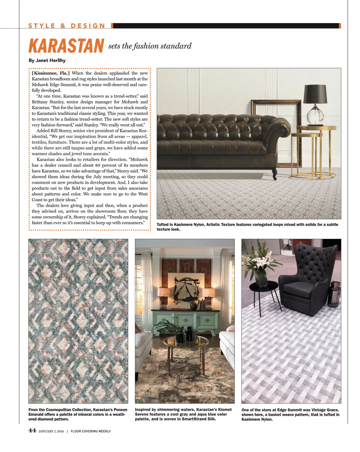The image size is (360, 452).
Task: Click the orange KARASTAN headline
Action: pyautogui.click(x=66, y=46)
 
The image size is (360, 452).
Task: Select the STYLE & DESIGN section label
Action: pyautogui.click(x=67, y=26)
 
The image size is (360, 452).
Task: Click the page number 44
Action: pyautogui.click(x=32, y=431)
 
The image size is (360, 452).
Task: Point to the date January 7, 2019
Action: pyautogui.click(x=51, y=431)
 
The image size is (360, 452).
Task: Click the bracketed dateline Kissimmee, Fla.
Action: pyautogui.click(x=51, y=73)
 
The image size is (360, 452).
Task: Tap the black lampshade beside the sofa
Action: pyautogui.click(x=315, y=94)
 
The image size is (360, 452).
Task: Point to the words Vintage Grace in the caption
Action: pyautogui.click(x=325, y=410)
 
